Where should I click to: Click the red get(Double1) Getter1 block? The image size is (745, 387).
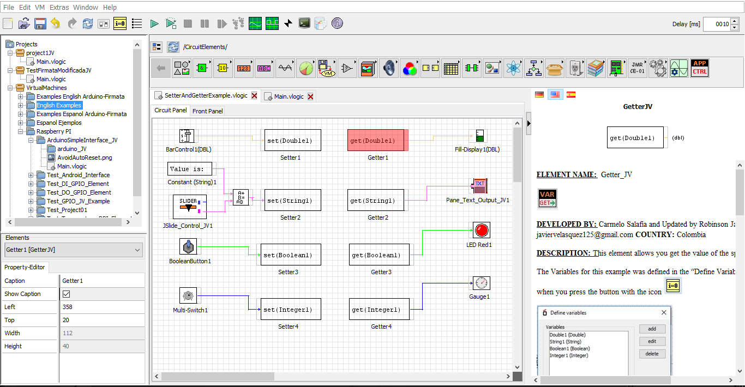[x=376, y=140]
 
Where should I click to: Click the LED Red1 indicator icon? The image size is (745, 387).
[x=482, y=230]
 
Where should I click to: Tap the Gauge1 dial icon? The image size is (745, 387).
[x=481, y=283]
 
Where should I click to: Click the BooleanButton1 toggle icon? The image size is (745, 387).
[x=188, y=247]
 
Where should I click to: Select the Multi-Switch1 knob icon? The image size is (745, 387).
[x=188, y=295]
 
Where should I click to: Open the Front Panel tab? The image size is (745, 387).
[x=207, y=111]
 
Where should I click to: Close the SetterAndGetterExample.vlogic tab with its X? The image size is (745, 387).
[x=254, y=96]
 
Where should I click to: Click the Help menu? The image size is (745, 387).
[x=110, y=8]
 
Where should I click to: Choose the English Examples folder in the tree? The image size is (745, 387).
[x=59, y=105]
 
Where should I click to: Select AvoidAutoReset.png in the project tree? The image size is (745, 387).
[x=85, y=158]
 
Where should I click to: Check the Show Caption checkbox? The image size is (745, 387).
[x=67, y=294]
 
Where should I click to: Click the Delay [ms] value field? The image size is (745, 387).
[x=716, y=24]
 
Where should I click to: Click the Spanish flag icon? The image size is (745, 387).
[x=571, y=94]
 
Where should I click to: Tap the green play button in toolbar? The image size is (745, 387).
[x=154, y=23]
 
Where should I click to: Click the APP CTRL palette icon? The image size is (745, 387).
[x=700, y=68]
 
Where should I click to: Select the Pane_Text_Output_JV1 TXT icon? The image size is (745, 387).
[x=479, y=185]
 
